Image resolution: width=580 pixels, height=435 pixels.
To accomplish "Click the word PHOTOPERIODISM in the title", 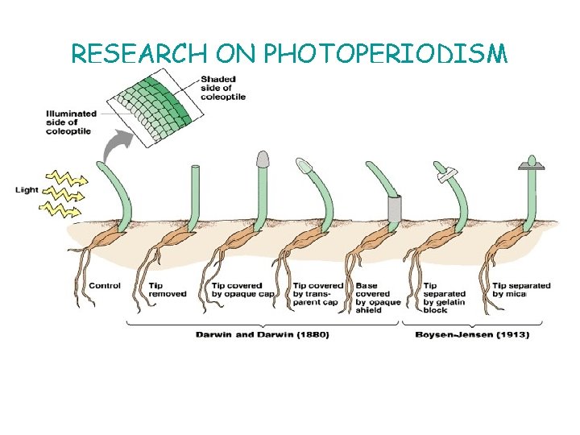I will click(x=386, y=54).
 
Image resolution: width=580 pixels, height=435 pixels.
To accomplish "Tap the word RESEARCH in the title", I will click(x=140, y=54).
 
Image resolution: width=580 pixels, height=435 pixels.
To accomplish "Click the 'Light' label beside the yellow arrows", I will click(x=27, y=190).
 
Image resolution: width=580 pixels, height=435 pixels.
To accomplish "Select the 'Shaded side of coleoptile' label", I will click(x=223, y=88).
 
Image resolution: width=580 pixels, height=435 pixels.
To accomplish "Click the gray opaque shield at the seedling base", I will click(x=393, y=209).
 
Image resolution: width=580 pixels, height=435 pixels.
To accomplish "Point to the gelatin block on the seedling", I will click(x=444, y=172).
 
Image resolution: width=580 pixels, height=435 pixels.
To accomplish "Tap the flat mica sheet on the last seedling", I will click(x=530, y=167).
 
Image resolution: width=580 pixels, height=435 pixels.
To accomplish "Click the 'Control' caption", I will click(x=105, y=285).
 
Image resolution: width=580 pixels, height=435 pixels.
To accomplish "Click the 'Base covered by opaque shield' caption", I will click(x=377, y=294).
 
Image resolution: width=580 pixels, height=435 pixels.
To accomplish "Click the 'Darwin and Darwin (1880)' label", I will click(x=263, y=335).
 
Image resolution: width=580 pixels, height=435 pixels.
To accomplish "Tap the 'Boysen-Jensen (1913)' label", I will click(x=471, y=335).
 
